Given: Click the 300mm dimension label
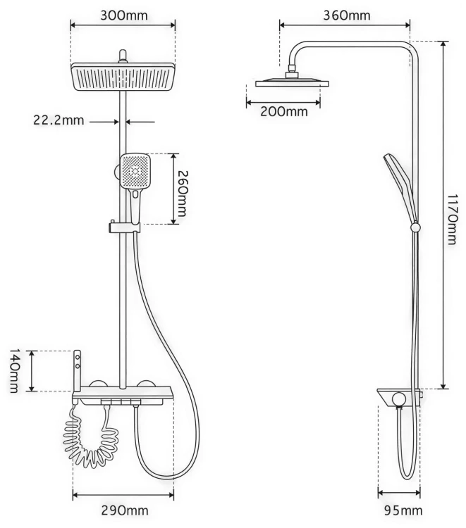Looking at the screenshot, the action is [x=124, y=15].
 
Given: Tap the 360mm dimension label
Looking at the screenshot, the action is [x=347, y=15].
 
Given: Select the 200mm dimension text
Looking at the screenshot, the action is [x=284, y=111].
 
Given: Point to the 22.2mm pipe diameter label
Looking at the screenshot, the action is [x=59, y=120].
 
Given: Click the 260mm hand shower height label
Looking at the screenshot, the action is [x=182, y=194].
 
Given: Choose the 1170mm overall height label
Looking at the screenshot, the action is [x=452, y=219].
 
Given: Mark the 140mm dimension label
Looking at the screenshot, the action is [x=13, y=371].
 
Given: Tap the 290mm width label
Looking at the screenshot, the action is [x=125, y=510].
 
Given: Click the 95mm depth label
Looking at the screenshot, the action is [x=403, y=510].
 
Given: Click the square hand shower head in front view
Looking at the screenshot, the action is [x=135, y=171].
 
